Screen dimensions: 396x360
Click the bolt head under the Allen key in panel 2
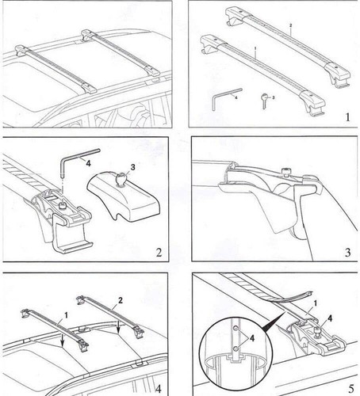point(61,208)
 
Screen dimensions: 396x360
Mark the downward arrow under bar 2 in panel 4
point(117,322)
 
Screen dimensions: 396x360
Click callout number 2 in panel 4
point(121,301)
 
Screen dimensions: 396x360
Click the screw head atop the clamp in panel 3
point(282,170)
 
